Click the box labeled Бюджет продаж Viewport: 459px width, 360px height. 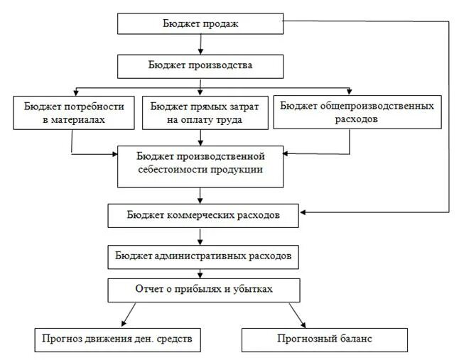200,24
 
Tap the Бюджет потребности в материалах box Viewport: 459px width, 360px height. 73,112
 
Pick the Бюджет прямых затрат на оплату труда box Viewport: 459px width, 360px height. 205,112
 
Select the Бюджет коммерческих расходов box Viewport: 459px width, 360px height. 203,215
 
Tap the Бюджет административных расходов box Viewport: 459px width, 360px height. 202,256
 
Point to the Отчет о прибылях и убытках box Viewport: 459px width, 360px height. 203,290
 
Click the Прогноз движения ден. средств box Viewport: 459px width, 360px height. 118,339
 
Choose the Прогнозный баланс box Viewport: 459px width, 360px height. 325,339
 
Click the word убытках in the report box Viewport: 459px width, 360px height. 252,290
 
